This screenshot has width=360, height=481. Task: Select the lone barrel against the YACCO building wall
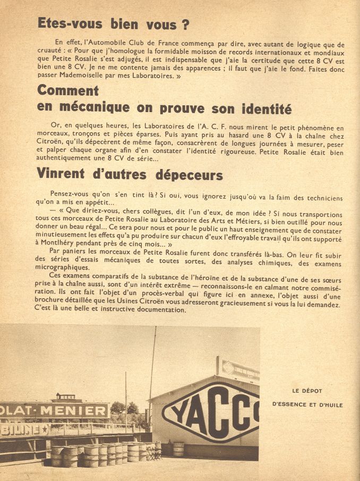pyautogui.click(x=178, y=448)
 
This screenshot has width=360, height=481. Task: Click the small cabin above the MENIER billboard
pyautogui.click(x=64, y=397)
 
